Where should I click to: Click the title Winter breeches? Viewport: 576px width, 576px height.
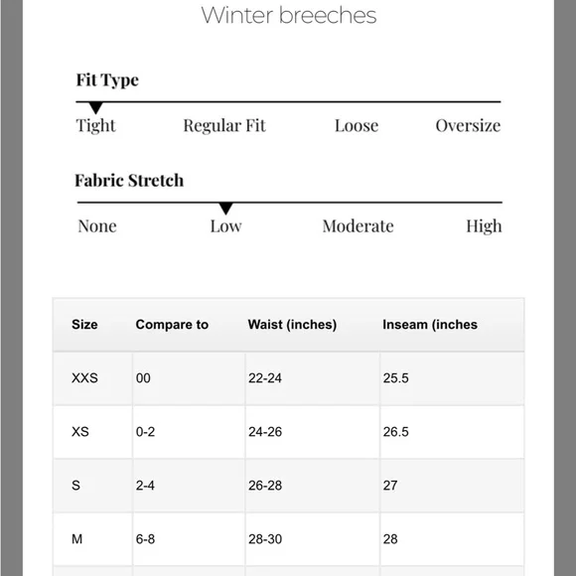288,15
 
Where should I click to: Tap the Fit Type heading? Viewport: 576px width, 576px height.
107,79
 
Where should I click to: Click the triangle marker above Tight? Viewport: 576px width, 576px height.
95,107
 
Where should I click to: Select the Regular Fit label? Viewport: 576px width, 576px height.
224,126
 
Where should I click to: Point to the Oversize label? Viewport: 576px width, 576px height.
468,126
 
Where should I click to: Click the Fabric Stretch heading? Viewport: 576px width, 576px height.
129,181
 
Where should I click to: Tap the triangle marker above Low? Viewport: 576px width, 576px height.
225,208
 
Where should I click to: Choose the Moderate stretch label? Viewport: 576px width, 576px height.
358,226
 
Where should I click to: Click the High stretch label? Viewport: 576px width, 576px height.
484,226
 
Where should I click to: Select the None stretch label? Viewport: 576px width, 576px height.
97,226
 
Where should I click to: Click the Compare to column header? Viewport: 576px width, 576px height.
172,325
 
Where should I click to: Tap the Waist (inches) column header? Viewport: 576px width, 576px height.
292,325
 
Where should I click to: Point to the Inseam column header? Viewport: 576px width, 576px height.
430,325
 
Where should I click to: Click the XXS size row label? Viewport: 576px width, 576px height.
85,378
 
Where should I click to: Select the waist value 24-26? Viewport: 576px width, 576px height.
265,432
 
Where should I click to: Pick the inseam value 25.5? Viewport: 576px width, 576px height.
396,378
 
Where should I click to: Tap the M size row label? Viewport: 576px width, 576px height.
77,539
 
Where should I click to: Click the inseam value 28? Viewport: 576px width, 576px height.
390,539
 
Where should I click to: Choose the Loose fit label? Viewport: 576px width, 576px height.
357,126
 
